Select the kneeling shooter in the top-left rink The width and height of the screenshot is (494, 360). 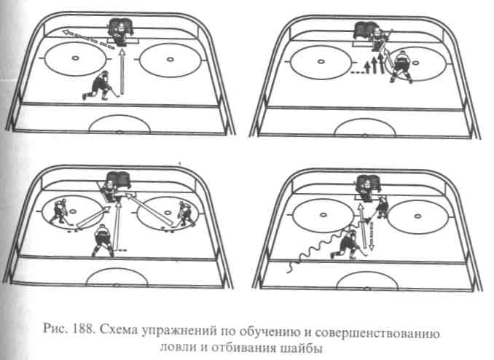101,85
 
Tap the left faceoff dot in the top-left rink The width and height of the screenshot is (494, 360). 75,58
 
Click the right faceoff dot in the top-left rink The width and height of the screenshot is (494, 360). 170,59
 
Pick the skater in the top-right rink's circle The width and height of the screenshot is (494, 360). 401,66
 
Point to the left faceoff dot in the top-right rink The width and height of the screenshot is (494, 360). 321,61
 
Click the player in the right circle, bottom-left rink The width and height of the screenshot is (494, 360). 187,214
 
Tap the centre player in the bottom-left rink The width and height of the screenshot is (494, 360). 103,240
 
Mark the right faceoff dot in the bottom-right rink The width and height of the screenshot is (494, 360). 417,216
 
